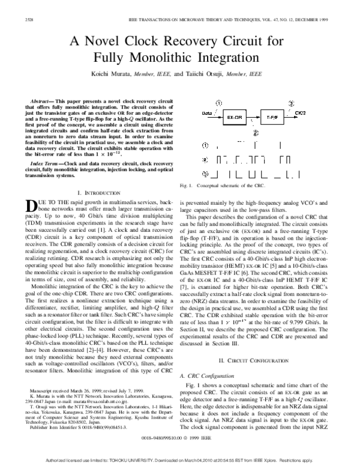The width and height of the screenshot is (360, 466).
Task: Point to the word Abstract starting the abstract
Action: (x=43, y=97)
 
